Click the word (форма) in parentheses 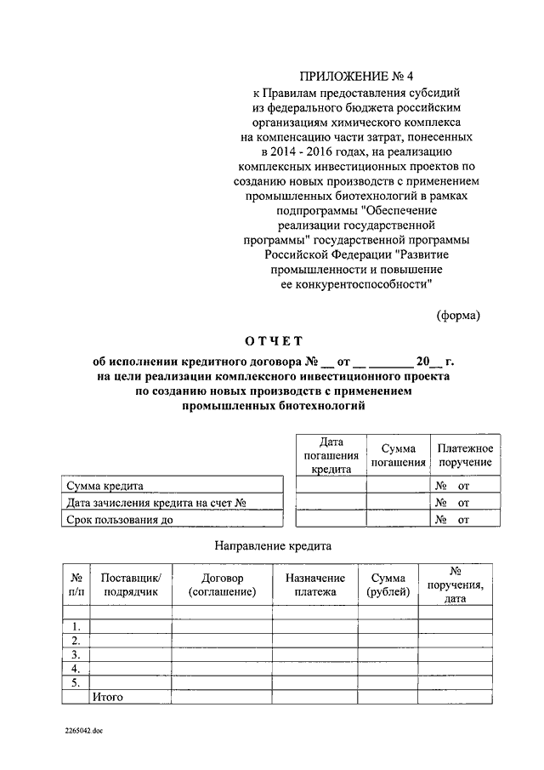458,315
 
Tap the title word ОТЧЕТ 273,342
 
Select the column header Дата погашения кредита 331,455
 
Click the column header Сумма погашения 399,455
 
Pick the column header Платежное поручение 465,455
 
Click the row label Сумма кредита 105,486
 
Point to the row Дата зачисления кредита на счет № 156,503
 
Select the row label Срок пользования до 120,519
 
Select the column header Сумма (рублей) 388,585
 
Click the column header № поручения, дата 455,585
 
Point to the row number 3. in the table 75,654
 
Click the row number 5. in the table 75,682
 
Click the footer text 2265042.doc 83,730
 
